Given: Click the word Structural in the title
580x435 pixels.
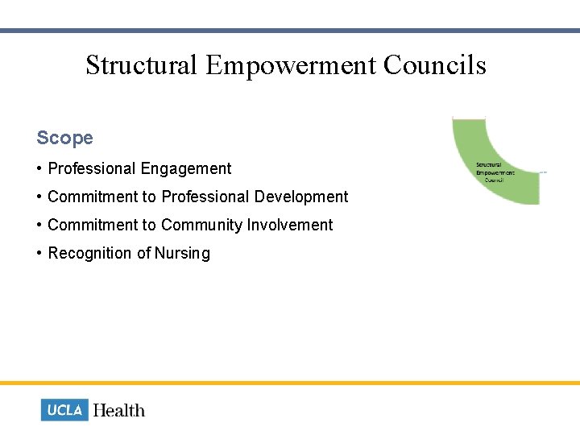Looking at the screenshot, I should pyautogui.click(x=142, y=64).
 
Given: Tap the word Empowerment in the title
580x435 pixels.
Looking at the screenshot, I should pyautogui.click(x=291, y=64).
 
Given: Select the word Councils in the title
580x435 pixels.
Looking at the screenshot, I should pyautogui.click(x=435, y=64).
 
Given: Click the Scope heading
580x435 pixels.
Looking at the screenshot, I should pyautogui.click(x=64, y=138).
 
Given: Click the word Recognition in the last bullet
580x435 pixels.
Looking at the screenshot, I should pyautogui.click(x=90, y=253).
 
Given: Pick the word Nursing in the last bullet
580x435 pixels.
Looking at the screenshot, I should pyautogui.click(x=183, y=253).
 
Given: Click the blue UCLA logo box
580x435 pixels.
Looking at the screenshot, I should pyautogui.click(x=64, y=410).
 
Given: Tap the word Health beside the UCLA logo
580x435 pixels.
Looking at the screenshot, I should pyautogui.click(x=119, y=410).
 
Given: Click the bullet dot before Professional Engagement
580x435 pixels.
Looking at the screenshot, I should pyautogui.click(x=39, y=169).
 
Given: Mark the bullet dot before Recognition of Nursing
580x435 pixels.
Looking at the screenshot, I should pyautogui.click(x=39, y=253).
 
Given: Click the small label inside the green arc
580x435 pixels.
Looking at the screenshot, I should pyautogui.click(x=495, y=172).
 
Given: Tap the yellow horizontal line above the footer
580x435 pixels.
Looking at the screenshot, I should pyautogui.click(x=290, y=383).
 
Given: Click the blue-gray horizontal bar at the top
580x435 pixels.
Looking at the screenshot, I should pyautogui.click(x=290, y=31).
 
